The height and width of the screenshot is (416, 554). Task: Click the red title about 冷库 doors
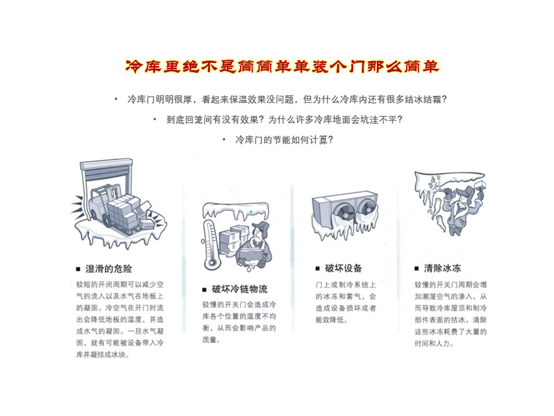(x=282, y=67)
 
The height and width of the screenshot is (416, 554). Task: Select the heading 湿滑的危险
(x=109, y=269)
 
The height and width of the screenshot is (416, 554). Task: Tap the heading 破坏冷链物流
(x=239, y=289)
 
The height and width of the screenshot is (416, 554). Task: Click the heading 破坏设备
(x=343, y=268)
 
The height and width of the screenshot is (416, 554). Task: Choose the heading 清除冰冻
(x=442, y=268)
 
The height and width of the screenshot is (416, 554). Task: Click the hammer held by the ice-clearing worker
(x=480, y=186)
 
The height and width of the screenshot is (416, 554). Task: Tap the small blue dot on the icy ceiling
(x=251, y=211)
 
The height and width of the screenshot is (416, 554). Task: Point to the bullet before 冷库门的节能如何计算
(x=224, y=140)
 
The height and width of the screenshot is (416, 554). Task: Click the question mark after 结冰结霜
(x=444, y=99)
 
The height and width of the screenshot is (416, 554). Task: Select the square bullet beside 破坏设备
(x=318, y=269)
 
